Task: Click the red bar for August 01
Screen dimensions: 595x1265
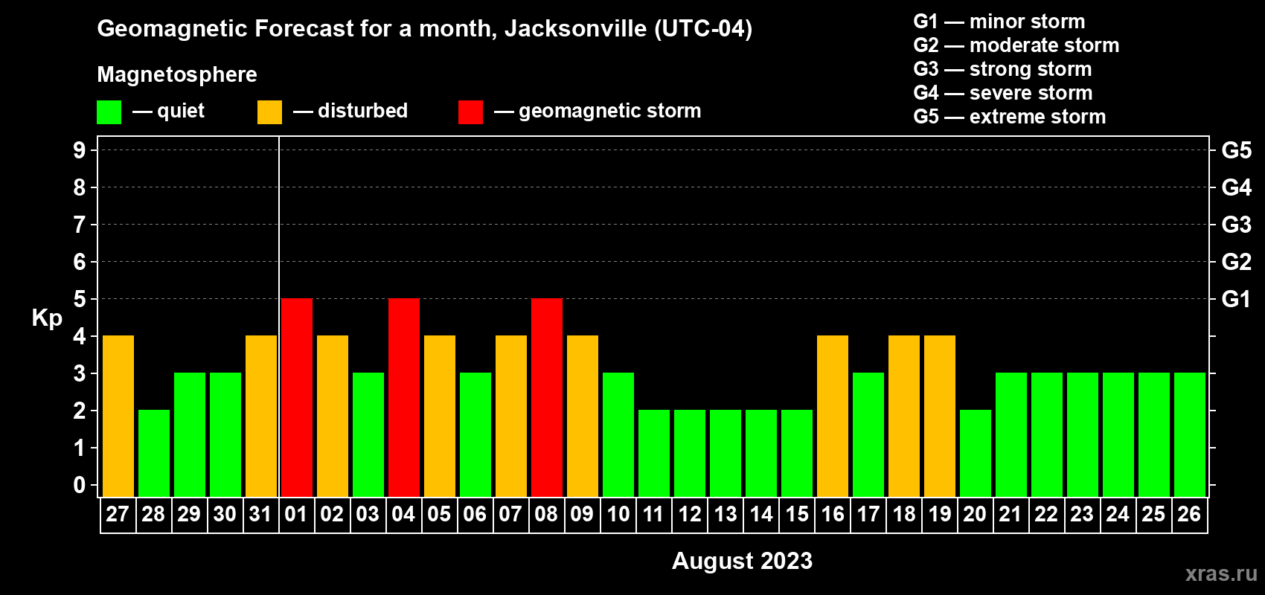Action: tap(296, 397)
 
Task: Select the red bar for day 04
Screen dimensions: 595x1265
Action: tap(403, 397)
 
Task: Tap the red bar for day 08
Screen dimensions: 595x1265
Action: tap(546, 397)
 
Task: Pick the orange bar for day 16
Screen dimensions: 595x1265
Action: tap(832, 416)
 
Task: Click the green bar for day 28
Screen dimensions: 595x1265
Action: tap(153, 453)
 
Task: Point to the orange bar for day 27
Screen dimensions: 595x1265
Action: tap(118, 416)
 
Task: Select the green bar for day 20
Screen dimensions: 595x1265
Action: tap(975, 453)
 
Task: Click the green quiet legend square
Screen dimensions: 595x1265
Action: tap(109, 112)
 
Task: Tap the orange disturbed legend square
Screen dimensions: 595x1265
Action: tap(269, 112)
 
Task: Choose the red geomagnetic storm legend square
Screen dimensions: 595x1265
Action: tap(470, 112)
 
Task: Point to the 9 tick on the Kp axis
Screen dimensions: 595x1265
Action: tap(80, 150)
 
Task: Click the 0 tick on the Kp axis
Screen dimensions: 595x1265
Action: tap(80, 486)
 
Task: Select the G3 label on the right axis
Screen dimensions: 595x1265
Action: tap(1236, 225)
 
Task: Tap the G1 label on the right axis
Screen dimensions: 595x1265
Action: tap(1236, 299)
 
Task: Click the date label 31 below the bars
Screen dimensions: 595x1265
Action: tap(260, 514)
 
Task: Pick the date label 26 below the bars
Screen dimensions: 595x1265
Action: tap(1189, 514)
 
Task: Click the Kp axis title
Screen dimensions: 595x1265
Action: tap(47, 318)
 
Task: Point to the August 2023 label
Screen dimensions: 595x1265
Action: tap(742, 561)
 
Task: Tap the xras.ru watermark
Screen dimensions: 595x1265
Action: tap(1221, 573)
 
